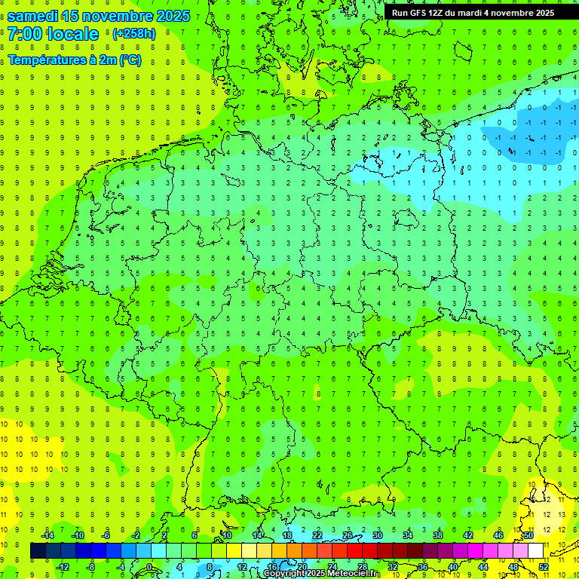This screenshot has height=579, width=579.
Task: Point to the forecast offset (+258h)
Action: (x=133, y=34)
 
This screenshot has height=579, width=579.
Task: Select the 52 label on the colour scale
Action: (x=544, y=566)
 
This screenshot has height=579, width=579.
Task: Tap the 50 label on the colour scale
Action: (x=528, y=535)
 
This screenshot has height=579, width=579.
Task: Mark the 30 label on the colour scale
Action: (x=378, y=535)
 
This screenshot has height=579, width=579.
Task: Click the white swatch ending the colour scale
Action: (x=535, y=551)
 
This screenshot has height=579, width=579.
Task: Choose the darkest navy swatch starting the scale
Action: (x=38, y=551)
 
